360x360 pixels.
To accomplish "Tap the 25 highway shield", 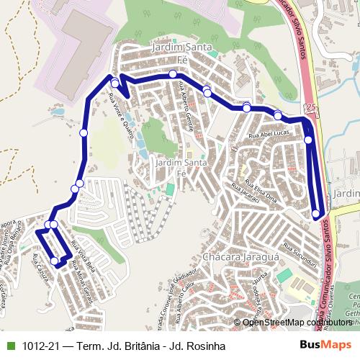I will (x=310, y=107).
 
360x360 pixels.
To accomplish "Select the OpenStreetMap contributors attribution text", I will (x=297, y=323).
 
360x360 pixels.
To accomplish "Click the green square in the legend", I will (x=9, y=346).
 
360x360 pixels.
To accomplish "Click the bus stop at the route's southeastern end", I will (x=316, y=213).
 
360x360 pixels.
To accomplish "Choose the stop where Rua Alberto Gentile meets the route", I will (x=173, y=74).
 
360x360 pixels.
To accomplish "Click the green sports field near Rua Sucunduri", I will (x=284, y=275).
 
